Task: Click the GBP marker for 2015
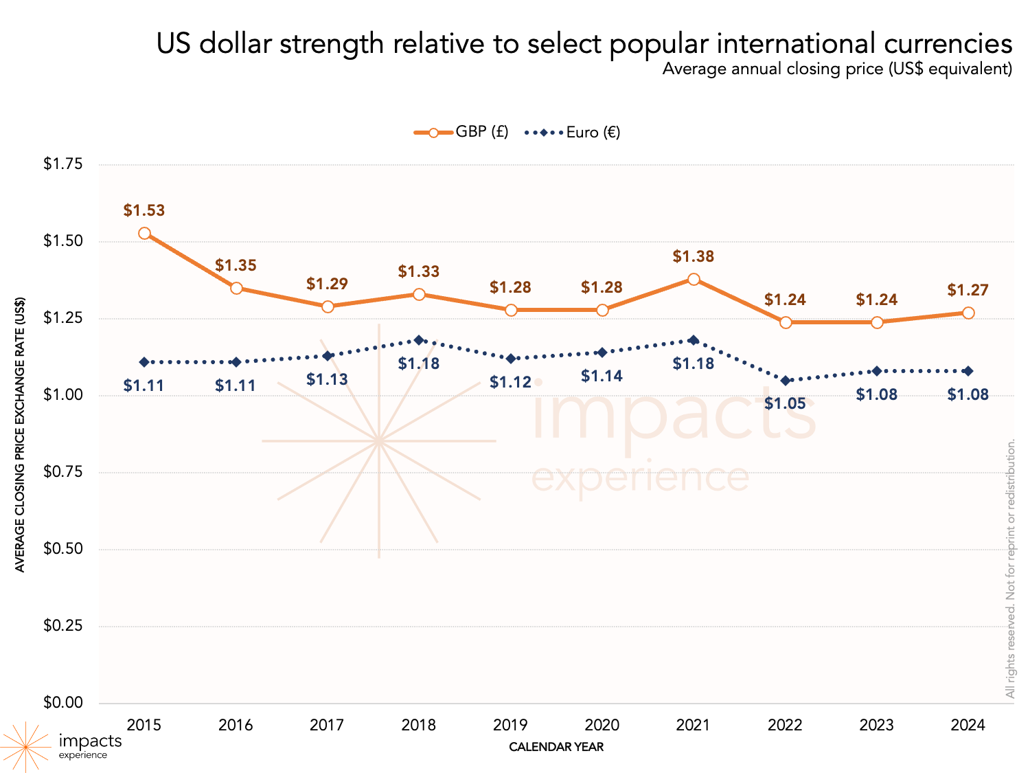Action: click(x=144, y=233)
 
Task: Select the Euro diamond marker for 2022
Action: click(x=786, y=380)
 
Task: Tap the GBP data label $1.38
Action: click(x=694, y=256)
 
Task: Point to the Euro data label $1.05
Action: click(x=785, y=403)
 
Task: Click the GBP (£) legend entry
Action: click(x=461, y=132)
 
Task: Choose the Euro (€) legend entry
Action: click(x=573, y=132)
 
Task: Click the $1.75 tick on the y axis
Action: click(x=63, y=164)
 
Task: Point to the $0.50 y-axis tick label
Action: click(x=63, y=548)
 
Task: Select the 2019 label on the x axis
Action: click(x=510, y=725)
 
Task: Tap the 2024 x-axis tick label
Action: click(x=968, y=725)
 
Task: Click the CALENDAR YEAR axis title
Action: click(x=556, y=747)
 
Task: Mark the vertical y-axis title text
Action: click(x=20, y=434)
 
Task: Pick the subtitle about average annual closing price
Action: click(x=837, y=69)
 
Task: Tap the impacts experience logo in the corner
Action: click(x=62, y=746)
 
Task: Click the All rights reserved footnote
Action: click(x=1010, y=569)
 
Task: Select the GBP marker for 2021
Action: click(x=694, y=279)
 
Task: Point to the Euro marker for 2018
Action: click(x=419, y=339)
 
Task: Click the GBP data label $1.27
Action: click(x=968, y=290)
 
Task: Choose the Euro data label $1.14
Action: click(x=602, y=376)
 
